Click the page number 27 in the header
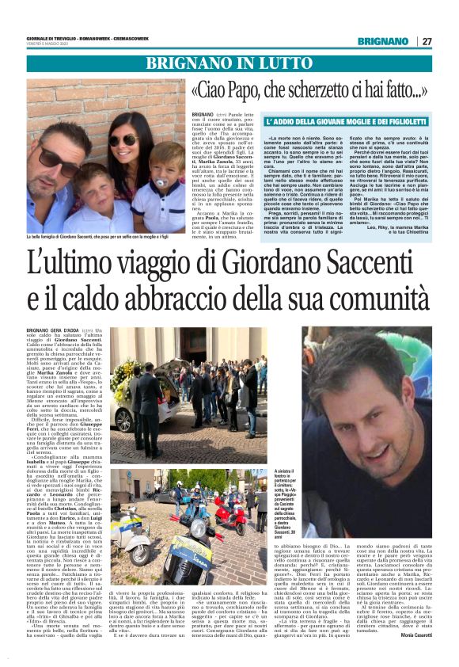pos(427,41)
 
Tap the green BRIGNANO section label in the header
pos(383,41)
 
